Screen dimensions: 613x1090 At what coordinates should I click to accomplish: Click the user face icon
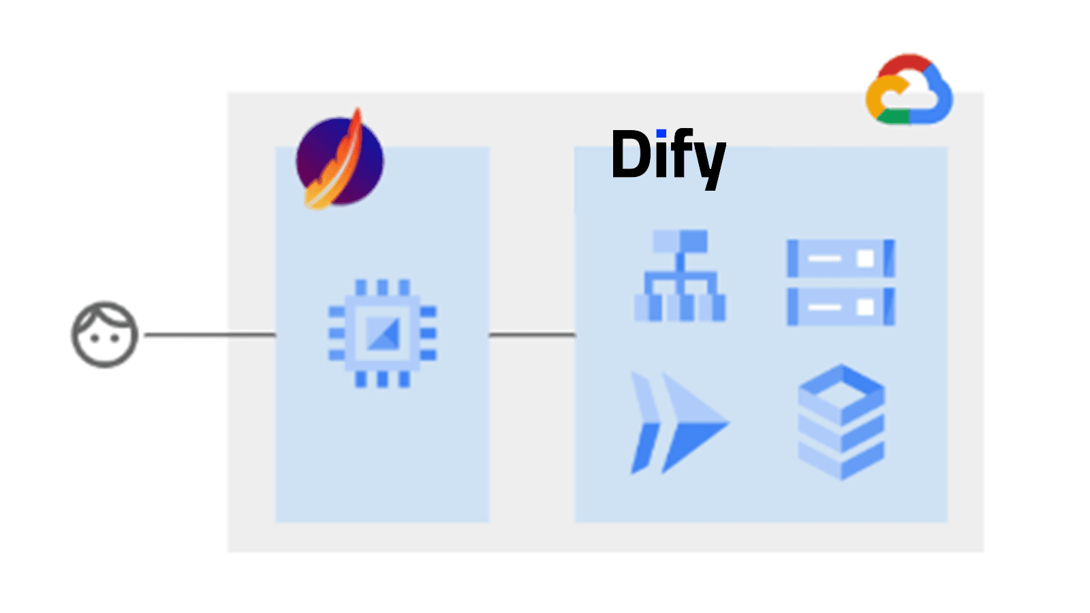click(x=105, y=334)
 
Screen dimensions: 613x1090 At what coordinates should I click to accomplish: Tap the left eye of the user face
click(x=94, y=338)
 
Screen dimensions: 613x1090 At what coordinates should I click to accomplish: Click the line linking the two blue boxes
click(x=532, y=334)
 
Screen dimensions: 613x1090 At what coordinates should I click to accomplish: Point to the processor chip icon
click(x=382, y=334)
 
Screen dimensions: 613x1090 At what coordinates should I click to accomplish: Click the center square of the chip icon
click(x=382, y=334)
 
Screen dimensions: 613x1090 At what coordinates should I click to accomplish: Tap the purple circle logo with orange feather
click(x=339, y=161)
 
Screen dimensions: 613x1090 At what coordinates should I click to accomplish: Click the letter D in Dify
click(x=630, y=155)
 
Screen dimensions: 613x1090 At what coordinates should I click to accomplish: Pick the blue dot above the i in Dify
click(x=661, y=133)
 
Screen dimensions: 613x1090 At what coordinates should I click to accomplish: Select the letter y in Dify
click(x=710, y=161)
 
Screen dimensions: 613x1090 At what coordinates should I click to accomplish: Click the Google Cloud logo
click(x=909, y=90)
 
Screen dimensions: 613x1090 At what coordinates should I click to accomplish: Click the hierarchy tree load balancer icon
click(x=679, y=275)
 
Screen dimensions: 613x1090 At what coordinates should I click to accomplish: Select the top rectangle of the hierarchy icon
click(x=679, y=241)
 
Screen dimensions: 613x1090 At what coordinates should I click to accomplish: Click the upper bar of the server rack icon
click(x=841, y=258)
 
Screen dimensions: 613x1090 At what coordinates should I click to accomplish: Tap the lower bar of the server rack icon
click(x=841, y=306)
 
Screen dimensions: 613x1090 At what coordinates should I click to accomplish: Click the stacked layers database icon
click(x=841, y=422)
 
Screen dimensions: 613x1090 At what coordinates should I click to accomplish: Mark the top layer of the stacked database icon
click(x=841, y=388)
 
